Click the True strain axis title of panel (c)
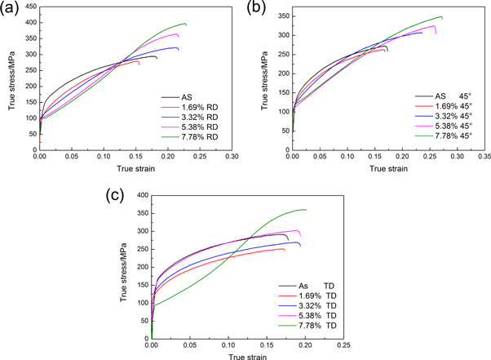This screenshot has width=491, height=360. click(x=247, y=356)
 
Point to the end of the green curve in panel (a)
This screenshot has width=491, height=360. click(x=186, y=24)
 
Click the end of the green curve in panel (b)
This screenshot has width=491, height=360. click(x=465, y=17)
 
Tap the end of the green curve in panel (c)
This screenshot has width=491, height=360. click(x=306, y=210)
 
